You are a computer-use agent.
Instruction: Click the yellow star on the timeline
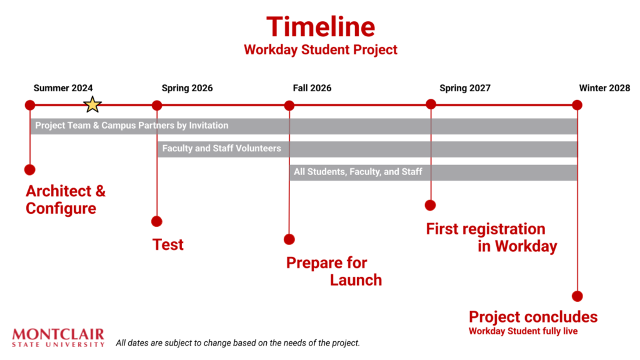pos(92,104)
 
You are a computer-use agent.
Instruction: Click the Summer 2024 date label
pos(63,88)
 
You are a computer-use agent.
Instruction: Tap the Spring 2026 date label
pos(187,88)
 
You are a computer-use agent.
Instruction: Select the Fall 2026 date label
pos(312,88)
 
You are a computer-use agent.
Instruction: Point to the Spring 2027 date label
pos(465,88)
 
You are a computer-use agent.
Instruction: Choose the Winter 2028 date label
pos(604,88)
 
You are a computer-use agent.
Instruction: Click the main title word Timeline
pos(321,27)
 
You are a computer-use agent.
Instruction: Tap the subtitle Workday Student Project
pos(321,50)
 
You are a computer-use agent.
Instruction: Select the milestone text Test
pos(167,244)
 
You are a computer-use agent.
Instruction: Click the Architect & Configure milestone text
pos(66,199)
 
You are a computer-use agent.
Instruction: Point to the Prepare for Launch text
pos(334,271)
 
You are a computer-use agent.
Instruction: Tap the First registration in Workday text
pos(491,237)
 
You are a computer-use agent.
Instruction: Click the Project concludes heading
pos(533,317)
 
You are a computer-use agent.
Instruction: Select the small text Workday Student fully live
pos(523,331)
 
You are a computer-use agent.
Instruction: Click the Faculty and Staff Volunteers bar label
pos(222,149)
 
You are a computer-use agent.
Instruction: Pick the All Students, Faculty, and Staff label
pos(358,172)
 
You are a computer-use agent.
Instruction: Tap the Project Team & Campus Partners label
pos(131,125)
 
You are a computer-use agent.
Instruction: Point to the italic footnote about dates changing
pos(238,343)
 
